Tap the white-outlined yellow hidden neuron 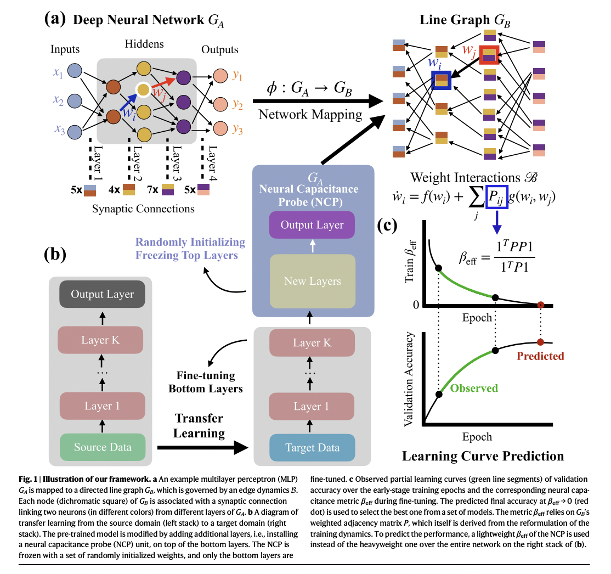(143, 89)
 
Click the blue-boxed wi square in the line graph (441, 80)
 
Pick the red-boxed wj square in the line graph (489, 55)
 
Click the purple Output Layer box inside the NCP (312, 225)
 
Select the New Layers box (312, 281)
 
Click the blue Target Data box (312, 447)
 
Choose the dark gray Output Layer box (102, 294)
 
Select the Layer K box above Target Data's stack (312, 343)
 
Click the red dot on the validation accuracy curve (541, 342)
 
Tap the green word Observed (474, 389)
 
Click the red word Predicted (540, 356)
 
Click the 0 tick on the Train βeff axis (415, 305)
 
